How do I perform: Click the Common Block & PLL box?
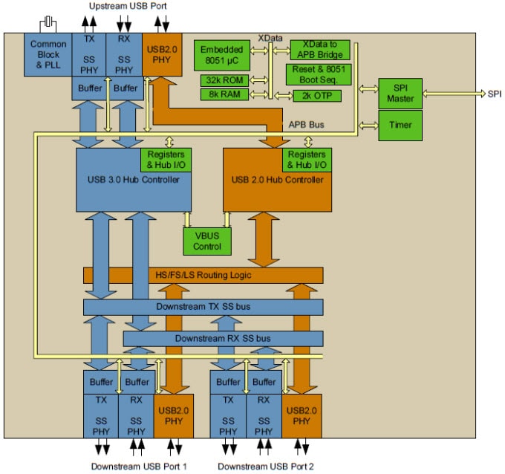(x=48, y=54)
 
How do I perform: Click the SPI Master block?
(x=400, y=93)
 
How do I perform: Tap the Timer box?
(x=400, y=125)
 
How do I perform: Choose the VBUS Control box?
(x=207, y=240)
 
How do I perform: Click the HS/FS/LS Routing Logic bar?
(x=203, y=276)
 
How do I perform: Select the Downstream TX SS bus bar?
(x=203, y=307)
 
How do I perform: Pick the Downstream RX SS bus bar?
(x=223, y=338)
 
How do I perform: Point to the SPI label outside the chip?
(x=494, y=94)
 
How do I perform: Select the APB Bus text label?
(x=304, y=125)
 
